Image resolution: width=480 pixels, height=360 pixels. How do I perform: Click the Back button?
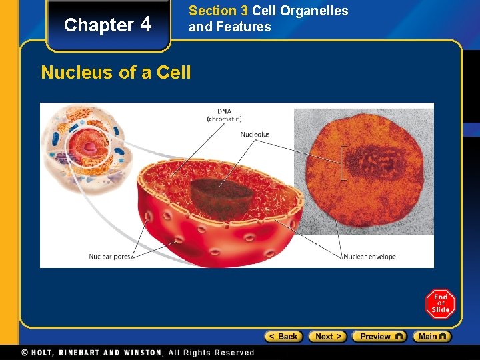[x=283, y=337]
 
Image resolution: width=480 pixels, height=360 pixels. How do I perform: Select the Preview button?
[x=379, y=337]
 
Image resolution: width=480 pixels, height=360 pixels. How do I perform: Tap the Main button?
[x=431, y=337]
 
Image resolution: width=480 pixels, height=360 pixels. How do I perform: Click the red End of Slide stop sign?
[x=440, y=304]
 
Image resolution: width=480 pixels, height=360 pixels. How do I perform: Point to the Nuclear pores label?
[x=110, y=257]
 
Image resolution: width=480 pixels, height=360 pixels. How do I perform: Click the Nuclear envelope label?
[x=370, y=257]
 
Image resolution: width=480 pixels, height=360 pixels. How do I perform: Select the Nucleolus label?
[x=255, y=135]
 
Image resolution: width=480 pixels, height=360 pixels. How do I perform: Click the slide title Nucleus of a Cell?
[x=116, y=72]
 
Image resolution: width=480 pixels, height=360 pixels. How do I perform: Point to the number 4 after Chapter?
[x=146, y=25]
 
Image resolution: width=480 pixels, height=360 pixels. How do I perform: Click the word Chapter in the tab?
[x=99, y=25]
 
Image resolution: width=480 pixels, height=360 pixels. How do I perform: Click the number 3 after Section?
[x=244, y=11]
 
